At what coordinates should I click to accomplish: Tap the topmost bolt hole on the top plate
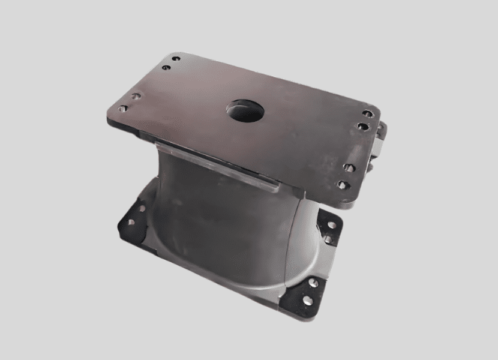(176, 59)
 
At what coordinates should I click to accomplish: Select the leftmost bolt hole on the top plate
(124, 109)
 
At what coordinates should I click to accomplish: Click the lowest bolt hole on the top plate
(341, 185)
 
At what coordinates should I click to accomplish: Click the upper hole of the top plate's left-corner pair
(137, 96)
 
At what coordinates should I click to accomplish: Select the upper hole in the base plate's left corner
(141, 210)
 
